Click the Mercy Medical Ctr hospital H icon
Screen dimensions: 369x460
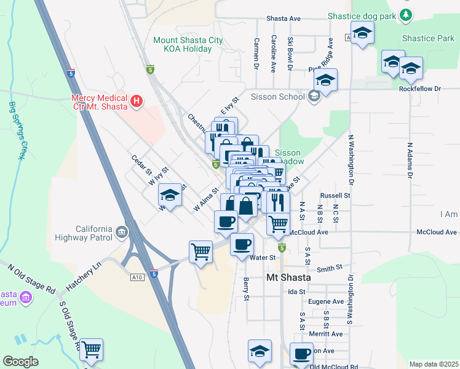(137, 100)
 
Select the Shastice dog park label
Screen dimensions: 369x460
(362, 15)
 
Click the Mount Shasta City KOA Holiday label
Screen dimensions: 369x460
(188, 45)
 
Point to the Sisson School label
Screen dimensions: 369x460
(278, 97)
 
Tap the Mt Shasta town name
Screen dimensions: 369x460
(288, 278)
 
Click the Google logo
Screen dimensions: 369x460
(20, 362)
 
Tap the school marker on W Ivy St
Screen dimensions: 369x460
(170, 196)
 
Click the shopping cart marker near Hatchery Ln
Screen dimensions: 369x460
(201, 252)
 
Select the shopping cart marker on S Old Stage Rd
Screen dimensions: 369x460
(92, 351)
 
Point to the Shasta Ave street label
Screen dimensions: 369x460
(284, 19)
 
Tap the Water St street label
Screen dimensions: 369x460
(263, 258)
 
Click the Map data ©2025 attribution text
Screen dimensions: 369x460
(433, 364)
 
